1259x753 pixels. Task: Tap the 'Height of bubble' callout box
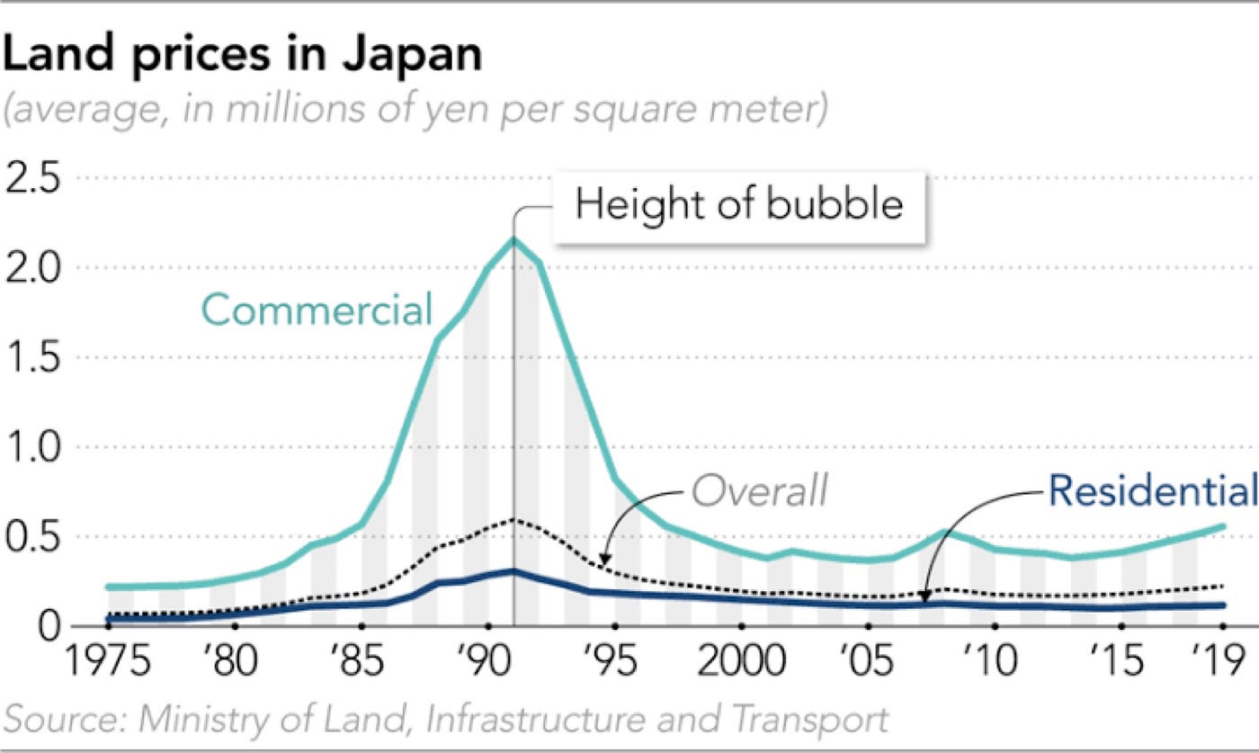(738, 205)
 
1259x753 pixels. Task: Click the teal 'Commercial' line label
(317, 310)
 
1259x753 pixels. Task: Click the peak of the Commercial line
(513, 239)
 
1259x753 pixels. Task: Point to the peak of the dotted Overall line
(513, 520)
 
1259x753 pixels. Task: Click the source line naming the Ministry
(446, 721)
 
